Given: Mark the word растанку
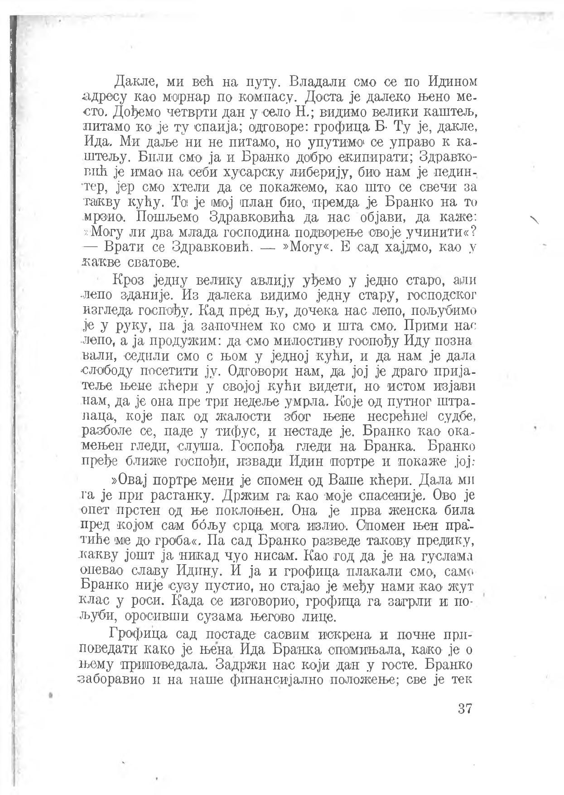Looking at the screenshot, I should pyautogui.click(x=180, y=496).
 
